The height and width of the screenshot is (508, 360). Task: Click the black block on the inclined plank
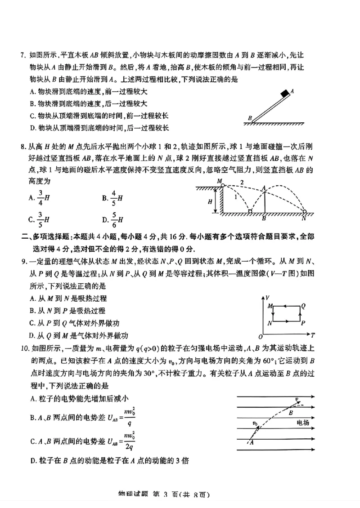285,94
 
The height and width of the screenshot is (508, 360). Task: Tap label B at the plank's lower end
249,118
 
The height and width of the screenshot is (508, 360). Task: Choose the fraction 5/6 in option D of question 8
114,219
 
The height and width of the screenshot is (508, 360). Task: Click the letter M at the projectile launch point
220,181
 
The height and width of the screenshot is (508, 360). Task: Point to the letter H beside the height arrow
210,202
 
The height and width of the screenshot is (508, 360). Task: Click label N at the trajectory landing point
304,219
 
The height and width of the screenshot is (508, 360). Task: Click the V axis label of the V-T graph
268,297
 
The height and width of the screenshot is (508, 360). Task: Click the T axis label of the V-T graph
312,335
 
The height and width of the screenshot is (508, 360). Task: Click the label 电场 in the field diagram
303,423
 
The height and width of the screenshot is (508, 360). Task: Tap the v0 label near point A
255,423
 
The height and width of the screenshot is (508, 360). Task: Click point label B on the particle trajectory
291,412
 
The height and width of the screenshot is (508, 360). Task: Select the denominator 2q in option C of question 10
130,446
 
